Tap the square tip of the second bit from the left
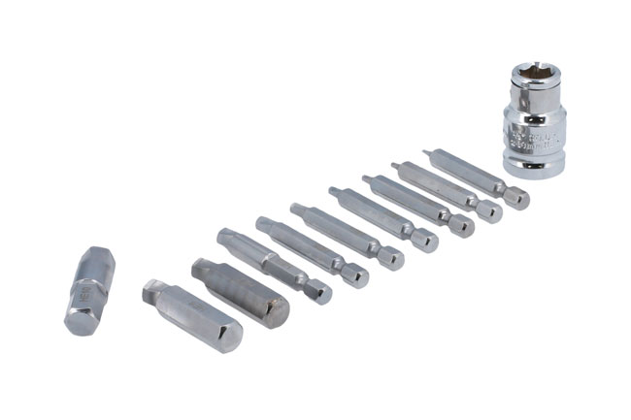pos(150,290)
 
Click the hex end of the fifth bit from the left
pos(358,278)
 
